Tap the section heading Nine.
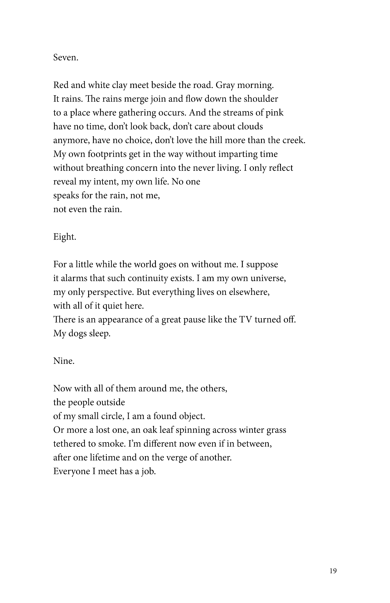click(64, 361)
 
